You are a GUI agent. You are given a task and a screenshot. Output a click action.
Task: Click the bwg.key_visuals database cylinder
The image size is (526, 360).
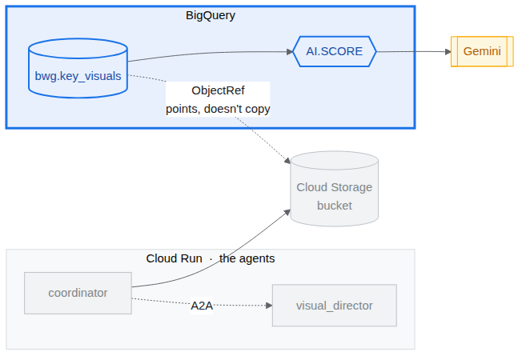[x=78, y=68]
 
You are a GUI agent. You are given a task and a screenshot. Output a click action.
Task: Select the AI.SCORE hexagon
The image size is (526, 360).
[x=335, y=52]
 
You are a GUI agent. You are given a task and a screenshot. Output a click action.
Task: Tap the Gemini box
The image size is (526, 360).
[x=482, y=52]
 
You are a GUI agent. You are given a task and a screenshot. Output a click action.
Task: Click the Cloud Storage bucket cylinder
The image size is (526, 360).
[x=335, y=189]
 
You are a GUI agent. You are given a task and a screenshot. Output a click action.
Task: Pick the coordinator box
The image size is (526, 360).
[x=78, y=293]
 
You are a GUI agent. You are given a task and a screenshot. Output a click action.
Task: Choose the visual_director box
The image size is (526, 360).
[x=335, y=306]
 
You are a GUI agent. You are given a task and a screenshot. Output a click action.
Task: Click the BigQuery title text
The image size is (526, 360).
[x=211, y=15]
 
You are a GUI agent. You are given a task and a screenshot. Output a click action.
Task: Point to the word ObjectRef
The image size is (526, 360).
[x=218, y=90]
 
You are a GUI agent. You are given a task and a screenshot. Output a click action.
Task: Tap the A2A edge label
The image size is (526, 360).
[x=202, y=306]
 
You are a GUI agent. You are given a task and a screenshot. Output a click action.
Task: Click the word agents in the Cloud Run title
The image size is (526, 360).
[x=257, y=258]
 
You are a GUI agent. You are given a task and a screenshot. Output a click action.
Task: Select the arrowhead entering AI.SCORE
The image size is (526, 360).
[x=290, y=52]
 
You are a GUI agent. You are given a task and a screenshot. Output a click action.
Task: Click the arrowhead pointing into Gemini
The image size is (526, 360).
[x=448, y=52]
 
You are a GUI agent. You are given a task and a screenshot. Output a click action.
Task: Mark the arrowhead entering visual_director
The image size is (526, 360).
[x=269, y=306]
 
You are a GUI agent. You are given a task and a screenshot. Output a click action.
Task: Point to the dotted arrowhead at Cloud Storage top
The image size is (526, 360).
[x=287, y=161]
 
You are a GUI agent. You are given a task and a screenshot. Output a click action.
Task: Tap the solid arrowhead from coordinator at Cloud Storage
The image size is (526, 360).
[x=287, y=212]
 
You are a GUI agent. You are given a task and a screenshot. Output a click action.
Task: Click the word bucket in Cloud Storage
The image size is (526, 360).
[x=335, y=206]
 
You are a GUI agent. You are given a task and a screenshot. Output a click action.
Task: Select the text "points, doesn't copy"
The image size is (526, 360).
[x=218, y=109]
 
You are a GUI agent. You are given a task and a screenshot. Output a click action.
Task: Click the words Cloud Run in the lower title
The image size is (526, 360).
[x=174, y=258]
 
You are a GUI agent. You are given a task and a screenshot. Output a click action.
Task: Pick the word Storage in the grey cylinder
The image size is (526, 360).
[x=351, y=187]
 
